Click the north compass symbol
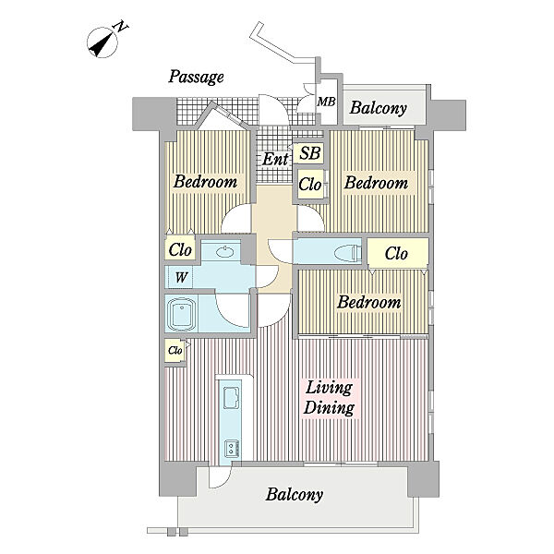[102, 42]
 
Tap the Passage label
[196, 77]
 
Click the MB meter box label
[326, 102]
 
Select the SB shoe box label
[310, 153]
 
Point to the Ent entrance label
[275, 159]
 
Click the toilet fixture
[348, 252]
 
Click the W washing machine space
[181, 277]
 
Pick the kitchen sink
[232, 397]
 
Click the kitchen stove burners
[233, 448]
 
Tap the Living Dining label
[330, 398]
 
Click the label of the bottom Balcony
[295, 494]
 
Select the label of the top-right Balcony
[379, 108]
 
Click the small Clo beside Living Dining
[175, 350]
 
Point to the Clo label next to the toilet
[396, 253]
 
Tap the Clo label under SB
[310, 184]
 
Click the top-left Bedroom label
[205, 182]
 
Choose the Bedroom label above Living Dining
[369, 302]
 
